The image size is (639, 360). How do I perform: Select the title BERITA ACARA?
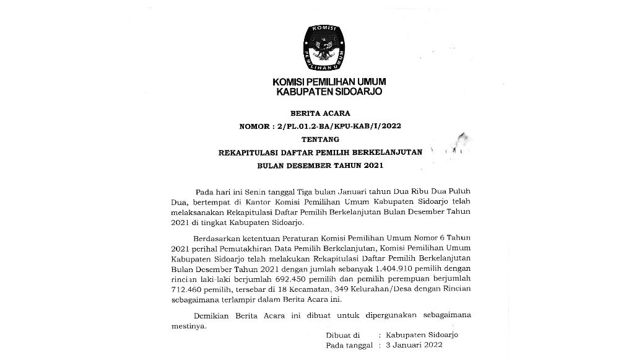[319, 113]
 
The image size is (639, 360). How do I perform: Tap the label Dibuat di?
[342, 335]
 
